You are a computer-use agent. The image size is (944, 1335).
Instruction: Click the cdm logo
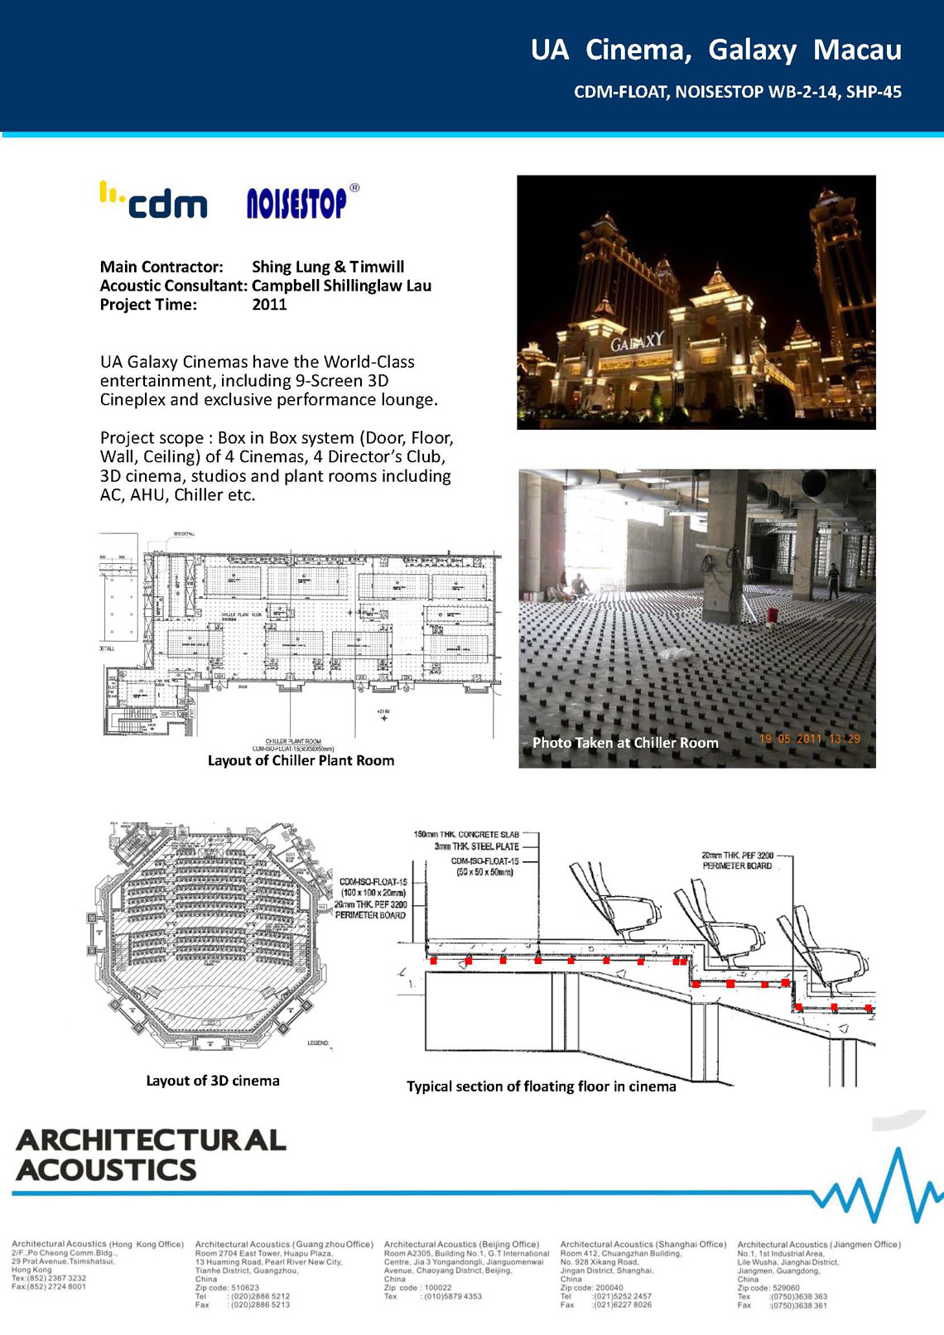(x=154, y=200)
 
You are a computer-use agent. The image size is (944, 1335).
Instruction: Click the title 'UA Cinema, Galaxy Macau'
(x=715, y=50)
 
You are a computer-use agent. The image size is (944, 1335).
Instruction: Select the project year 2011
(x=269, y=305)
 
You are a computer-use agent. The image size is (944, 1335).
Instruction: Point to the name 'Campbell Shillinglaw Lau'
(x=341, y=286)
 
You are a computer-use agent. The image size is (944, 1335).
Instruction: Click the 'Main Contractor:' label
(x=161, y=267)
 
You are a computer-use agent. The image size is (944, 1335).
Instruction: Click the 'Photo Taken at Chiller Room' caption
(x=625, y=743)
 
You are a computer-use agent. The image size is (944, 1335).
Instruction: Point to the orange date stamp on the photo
(x=809, y=739)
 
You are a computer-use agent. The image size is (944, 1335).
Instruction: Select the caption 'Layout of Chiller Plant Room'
(x=301, y=760)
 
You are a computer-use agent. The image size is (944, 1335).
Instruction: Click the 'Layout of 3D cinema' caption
(x=213, y=1081)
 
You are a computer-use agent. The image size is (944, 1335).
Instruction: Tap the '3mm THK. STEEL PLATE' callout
(x=476, y=846)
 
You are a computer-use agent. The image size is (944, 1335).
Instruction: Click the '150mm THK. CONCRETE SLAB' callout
(x=467, y=834)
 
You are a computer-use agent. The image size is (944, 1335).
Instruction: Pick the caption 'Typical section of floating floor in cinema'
(x=541, y=1087)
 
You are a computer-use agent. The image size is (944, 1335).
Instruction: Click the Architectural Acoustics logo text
(x=151, y=1154)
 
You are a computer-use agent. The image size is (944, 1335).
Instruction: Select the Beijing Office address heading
(x=461, y=1244)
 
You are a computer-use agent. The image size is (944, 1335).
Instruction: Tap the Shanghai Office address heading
(x=643, y=1244)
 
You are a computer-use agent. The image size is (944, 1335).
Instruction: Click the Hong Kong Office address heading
(x=98, y=1244)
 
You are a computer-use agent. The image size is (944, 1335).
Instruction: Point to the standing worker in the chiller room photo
(x=834, y=581)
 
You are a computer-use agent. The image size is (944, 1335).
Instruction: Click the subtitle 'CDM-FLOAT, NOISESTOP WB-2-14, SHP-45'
(x=737, y=92)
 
